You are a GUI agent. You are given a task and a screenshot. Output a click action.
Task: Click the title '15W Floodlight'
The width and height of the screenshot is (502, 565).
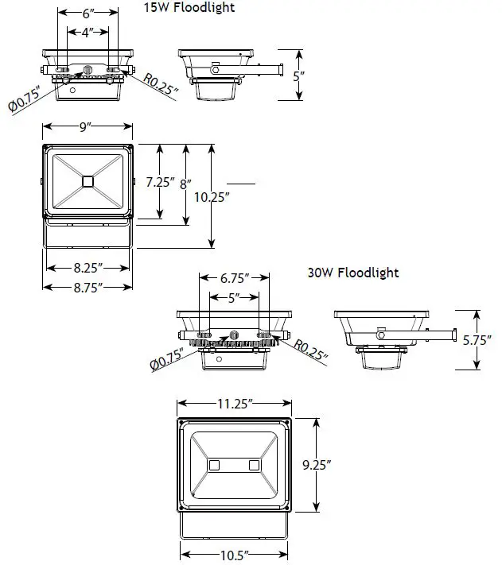click(x=189, y=9)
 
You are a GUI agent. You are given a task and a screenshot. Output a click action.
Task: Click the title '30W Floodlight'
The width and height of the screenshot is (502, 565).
click(x=352, y=273)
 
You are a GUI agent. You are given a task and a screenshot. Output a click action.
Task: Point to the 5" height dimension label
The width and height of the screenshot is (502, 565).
click(x=299, y=76)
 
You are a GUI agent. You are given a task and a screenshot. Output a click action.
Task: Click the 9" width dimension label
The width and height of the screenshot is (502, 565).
click(x=87, y=126)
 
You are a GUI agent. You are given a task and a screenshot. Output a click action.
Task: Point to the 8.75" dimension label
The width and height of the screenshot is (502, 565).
click(x=87, y=287)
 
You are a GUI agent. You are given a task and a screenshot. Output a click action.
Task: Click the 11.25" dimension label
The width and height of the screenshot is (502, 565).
click(x=234, y=404)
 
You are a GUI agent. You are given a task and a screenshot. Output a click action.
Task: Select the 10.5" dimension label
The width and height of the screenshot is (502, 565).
click(x=234, y=554)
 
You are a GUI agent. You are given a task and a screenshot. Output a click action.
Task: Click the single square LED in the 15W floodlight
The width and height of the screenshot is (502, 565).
click(x=87, y=181)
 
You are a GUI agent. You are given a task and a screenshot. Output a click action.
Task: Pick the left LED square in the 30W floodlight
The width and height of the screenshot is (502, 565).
click(x=215, y=464)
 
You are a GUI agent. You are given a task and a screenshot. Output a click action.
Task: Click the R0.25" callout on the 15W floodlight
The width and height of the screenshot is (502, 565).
click(x=161, y=83)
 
